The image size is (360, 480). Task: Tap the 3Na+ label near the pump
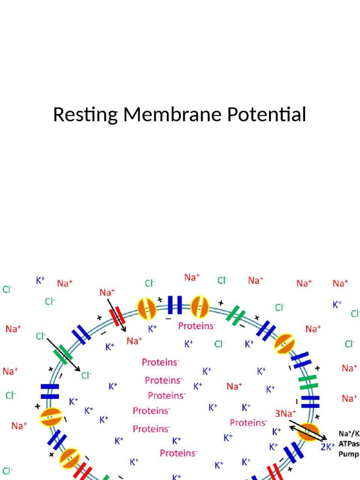pos(285,413)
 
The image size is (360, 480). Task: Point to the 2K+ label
pos(328,446)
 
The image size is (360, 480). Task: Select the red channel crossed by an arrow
pos(117,316)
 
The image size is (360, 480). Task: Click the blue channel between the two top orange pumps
pos(175,305)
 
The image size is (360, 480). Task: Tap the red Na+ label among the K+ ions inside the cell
pos(234,387)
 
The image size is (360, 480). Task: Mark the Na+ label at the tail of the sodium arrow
pos(107,292)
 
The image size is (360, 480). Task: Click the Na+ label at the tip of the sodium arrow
pos(135,341)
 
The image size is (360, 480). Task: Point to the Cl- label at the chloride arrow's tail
pos(41,336)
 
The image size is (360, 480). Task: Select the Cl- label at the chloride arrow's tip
pos(86,375)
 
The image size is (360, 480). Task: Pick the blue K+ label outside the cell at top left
pos(40,280)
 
